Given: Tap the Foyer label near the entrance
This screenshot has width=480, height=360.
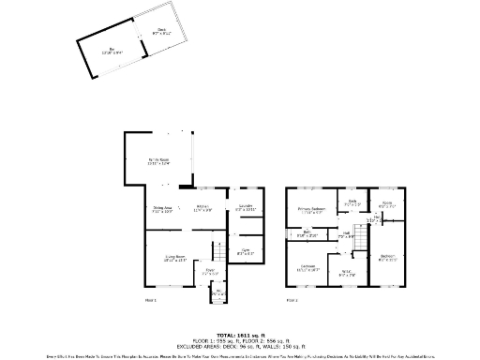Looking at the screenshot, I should (212, 273).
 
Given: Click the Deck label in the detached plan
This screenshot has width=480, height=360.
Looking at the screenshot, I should (162, 31).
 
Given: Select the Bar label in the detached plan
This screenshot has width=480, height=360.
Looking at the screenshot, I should (112, 48).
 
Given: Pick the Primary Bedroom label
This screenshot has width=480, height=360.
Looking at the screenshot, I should (312, 208).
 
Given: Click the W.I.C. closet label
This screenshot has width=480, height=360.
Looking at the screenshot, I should (345, 272).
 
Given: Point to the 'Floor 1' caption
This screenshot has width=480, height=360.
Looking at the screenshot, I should (150, 300).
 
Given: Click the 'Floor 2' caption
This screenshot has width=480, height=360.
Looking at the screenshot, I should (292, 300).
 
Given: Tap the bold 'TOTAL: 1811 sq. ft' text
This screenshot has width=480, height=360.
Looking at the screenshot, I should (240, 334).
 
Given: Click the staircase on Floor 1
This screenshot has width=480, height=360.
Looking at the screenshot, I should (217, 251).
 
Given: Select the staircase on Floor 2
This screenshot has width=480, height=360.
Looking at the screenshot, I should (358, 243).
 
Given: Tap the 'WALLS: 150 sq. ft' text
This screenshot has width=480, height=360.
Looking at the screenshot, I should (272, 344).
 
